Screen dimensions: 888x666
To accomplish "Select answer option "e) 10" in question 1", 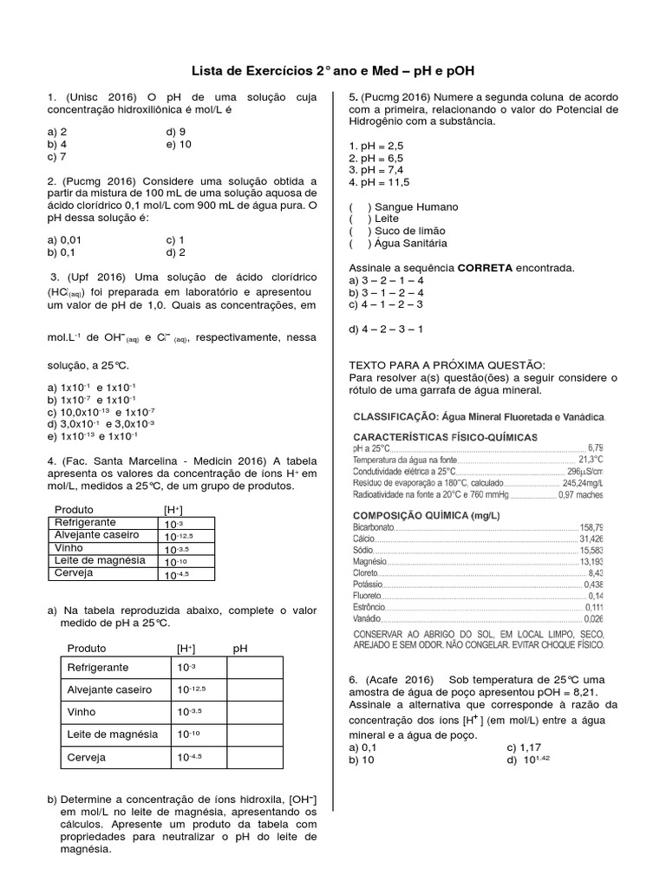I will tap(182, 145).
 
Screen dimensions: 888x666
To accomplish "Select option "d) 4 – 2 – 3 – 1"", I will tap(386, 330).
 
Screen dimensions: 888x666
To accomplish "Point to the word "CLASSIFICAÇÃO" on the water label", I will tap(393, 417).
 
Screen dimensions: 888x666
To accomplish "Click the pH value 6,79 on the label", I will tap(595, 447).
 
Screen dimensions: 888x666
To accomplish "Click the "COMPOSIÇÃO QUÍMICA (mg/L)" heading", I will tap(426, 515).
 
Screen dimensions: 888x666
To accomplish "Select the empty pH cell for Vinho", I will tap(254, 712).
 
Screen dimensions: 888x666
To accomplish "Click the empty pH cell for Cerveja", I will tap(254, 757).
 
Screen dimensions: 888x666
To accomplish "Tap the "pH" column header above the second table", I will tap(239, 648).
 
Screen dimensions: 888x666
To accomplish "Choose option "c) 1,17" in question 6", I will tap(524, 747).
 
